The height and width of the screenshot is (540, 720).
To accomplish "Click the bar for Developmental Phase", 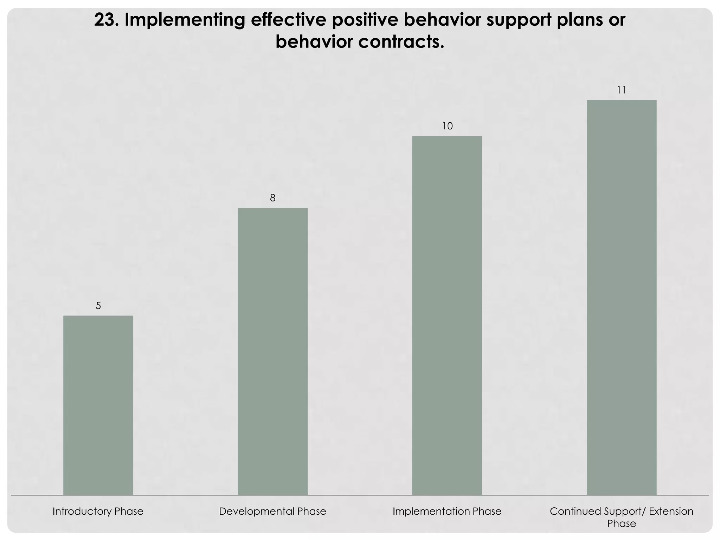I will click(x=272, y=351).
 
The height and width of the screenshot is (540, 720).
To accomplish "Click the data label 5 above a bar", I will click(x=98, y=306).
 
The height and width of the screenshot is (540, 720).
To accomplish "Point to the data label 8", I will click(x=272, y=198).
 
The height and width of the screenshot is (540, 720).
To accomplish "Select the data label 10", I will click(x=447, y=126).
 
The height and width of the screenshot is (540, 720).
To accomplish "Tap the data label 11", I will click(x=622, y=90).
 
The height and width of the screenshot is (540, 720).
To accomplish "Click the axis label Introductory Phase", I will click(x=98, y=511).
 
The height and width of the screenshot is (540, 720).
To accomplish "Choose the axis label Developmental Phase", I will click(x=272, y=511).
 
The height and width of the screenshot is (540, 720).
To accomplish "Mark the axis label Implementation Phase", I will click(x=447, y=511).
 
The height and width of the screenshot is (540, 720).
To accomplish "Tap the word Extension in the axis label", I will click(x=671, y=511).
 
